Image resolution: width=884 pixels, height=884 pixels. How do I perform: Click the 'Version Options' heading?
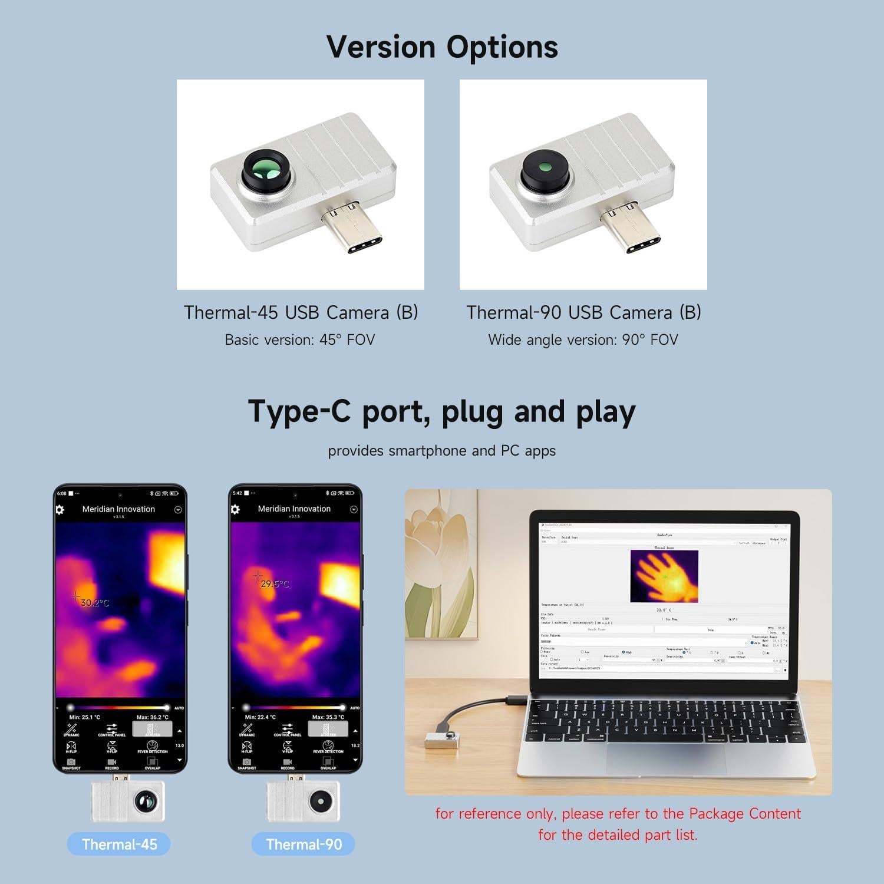coord(442,47)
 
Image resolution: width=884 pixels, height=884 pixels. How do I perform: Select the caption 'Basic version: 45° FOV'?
coord(300,340)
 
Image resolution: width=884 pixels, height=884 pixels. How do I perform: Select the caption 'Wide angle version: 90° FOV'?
coord(583,340)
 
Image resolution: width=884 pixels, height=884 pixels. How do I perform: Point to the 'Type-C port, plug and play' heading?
coord(442,411)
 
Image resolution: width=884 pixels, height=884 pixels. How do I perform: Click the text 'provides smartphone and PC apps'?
coord(442,451)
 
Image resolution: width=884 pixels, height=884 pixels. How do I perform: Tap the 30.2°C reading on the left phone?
coord(95,603)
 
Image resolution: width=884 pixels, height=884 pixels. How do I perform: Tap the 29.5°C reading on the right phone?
coord(275,584)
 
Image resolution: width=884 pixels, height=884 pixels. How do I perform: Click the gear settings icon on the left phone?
coord(60,510)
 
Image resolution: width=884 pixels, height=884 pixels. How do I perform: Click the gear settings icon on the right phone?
coord(235,509)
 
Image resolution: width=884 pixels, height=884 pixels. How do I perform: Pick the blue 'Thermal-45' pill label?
coord(119,844)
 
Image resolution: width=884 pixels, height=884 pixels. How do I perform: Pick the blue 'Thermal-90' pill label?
coord(304,844)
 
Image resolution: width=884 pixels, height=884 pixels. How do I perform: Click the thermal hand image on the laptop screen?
coord(664,576)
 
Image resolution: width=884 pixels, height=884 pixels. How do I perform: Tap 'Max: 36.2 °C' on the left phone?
coord(152,717)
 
